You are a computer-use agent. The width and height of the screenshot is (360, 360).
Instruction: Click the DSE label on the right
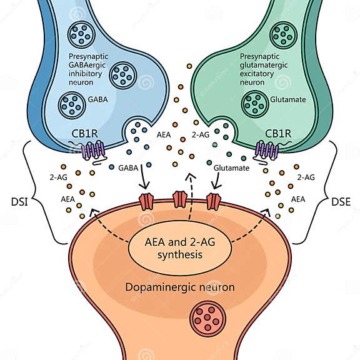click(x=341, y=201)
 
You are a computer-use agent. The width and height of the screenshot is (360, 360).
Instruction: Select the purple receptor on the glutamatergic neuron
click(x=267, y=151)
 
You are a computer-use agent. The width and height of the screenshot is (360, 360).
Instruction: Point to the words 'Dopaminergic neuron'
click(x=179, y=287)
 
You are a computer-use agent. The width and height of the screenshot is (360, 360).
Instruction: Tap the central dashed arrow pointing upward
click(x=189, y=194)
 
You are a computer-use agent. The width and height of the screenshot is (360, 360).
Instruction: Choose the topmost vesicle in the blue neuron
click(x=82, y=34)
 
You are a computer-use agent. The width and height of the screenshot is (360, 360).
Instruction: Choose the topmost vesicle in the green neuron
click(x=284, y=33)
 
